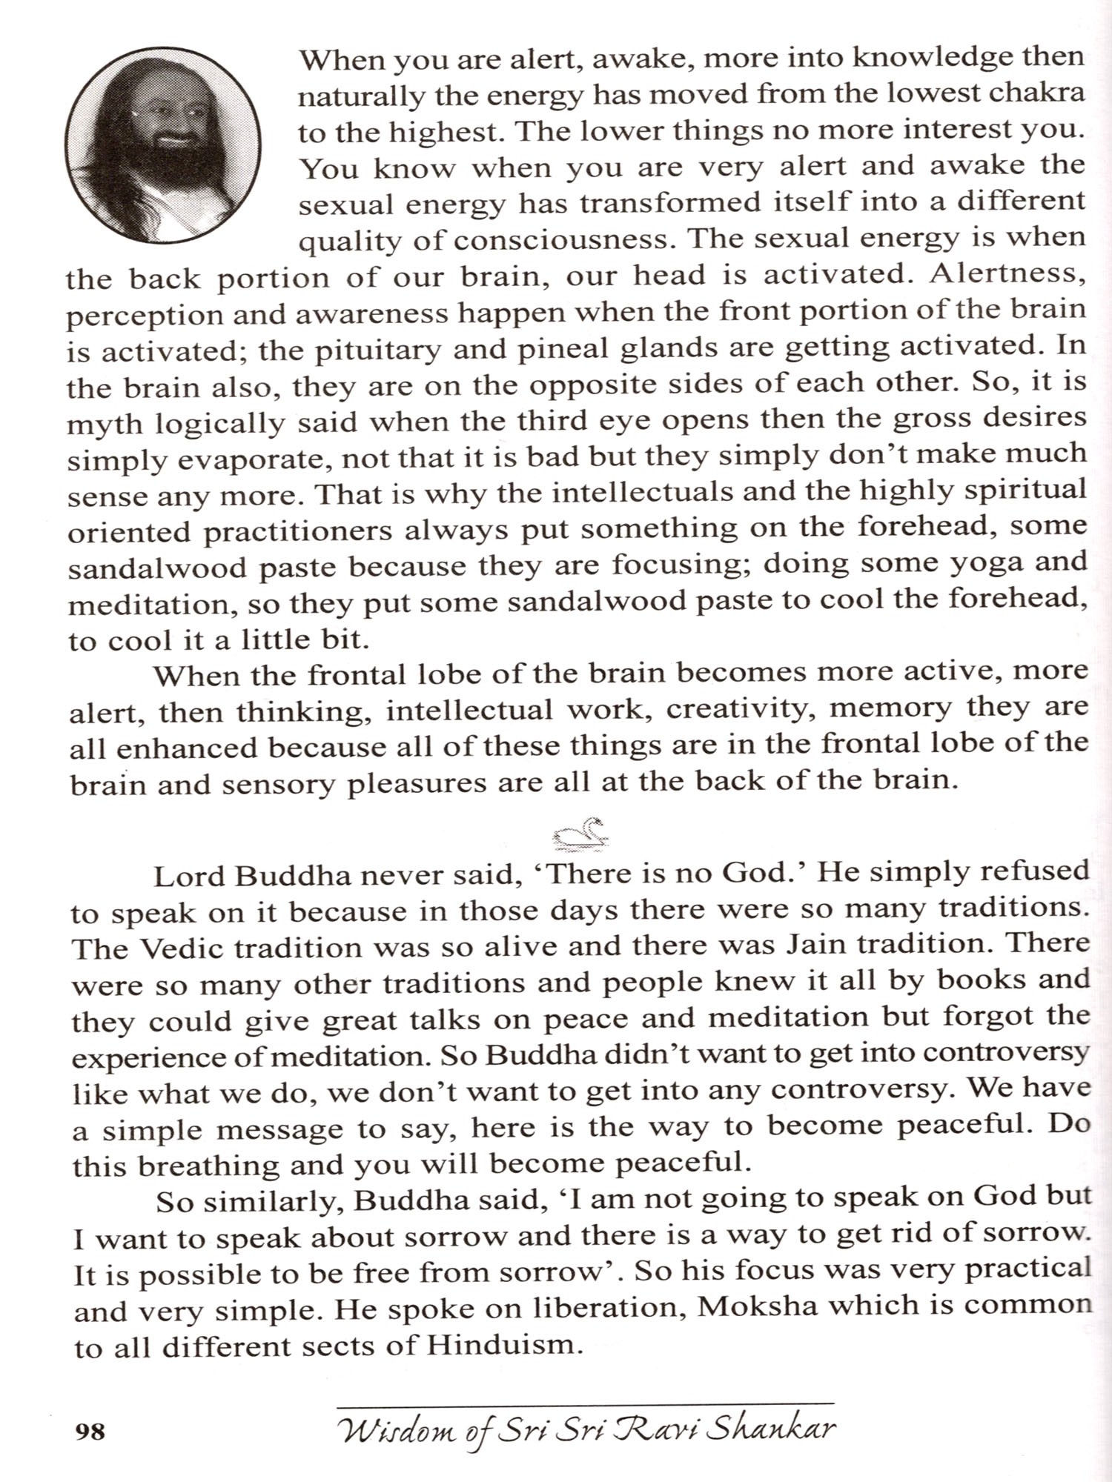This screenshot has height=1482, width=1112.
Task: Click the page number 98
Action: (x=90, y=1431)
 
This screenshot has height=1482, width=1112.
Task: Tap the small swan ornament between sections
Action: (x=583, y=833)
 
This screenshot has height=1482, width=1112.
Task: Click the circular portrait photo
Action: (x=162, y=144)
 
